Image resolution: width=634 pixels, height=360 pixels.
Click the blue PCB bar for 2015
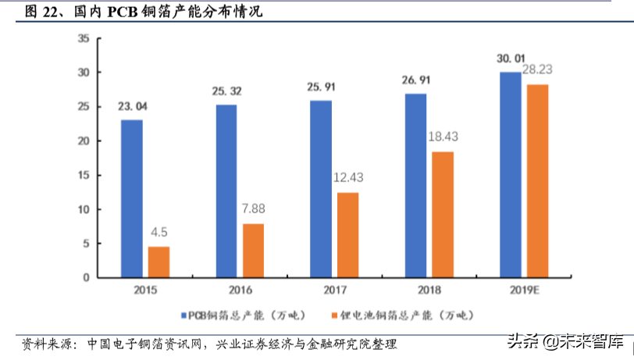click(x=132, y=198)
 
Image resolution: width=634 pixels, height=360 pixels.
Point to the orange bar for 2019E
click(x=537, y=181)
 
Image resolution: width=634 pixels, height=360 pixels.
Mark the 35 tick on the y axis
click(x=84, y=38)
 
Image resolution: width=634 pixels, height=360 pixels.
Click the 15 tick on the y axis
click(x=84, y=176)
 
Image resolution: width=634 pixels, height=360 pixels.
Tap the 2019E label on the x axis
click(x=523, y=290)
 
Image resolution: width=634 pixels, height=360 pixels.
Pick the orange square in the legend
click(x=333, y=315)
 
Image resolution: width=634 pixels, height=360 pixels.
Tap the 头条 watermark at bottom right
click(x=519, y=341)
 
